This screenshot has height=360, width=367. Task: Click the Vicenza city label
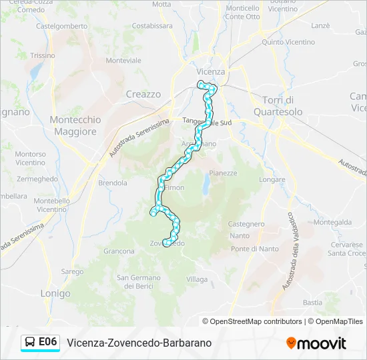(211, 71)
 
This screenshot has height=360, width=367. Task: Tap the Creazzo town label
(143, 95)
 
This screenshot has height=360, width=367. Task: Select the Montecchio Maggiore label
(75, 125)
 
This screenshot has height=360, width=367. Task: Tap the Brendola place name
(112, 183)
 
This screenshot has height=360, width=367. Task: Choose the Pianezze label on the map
(223, 173)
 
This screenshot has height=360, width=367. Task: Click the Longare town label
(272, 180)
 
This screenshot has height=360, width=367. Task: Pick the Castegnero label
(247, 224)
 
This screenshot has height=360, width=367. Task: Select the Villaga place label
(198, 279)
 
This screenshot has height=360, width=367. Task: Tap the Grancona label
(119, 251)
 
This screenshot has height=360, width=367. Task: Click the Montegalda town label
(332, 223)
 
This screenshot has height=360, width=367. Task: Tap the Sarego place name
(72, 272)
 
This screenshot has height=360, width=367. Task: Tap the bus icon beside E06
(31, 342)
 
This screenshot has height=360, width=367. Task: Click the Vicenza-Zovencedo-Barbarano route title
(139, 343)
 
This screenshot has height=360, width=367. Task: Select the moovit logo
(316, 343)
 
